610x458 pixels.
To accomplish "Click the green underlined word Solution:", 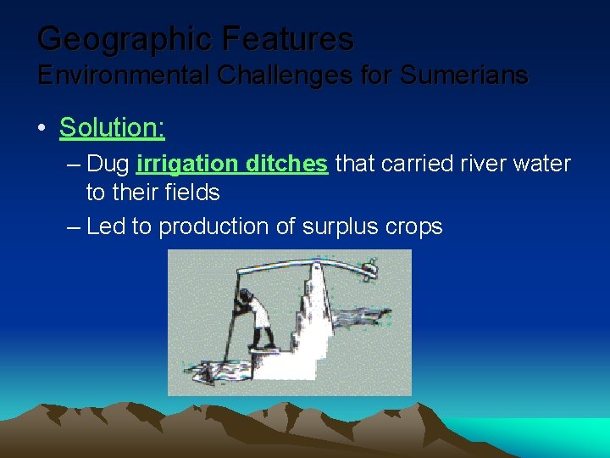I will (x=112, y=128).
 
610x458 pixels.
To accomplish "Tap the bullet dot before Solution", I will (x=42, y=129).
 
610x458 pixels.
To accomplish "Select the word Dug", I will (x=108, y=164).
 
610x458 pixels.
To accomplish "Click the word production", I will (x=213, y=226).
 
